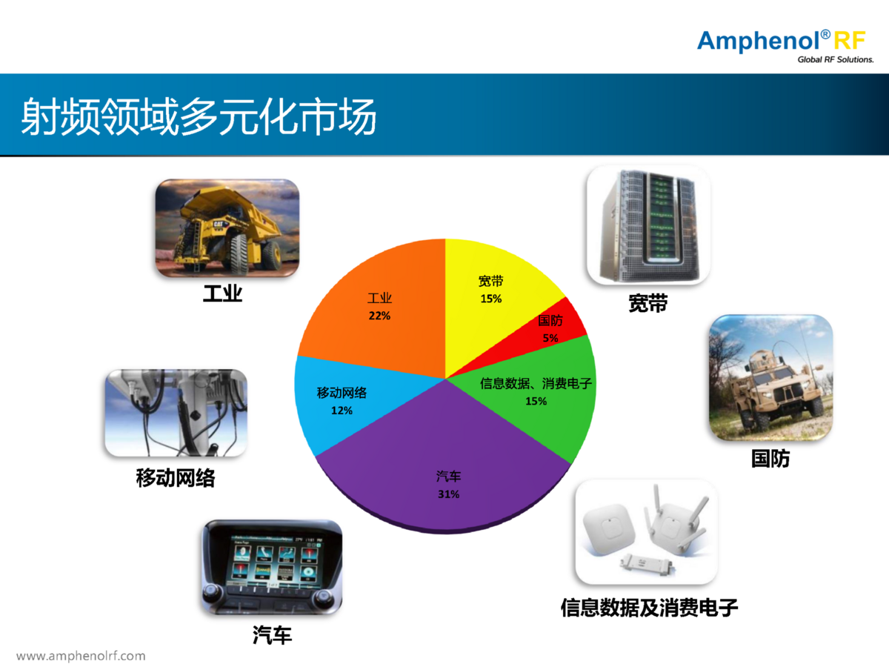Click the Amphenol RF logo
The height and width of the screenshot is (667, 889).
[785, 46]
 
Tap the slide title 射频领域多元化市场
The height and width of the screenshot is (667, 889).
[199, 117]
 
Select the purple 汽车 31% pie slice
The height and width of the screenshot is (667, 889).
[445, 465]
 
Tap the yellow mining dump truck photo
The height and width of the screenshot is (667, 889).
[227, 228]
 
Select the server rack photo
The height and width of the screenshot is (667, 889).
[648, 225]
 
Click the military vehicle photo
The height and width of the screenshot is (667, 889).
[770, 377]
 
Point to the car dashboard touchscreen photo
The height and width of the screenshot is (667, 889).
[272, 567]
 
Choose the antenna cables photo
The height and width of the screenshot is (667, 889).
[176, 413]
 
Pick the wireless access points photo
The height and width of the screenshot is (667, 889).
[647, 531]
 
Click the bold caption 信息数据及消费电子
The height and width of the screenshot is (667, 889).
[649, 608]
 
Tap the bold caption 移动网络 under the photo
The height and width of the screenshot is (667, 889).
[176, 478]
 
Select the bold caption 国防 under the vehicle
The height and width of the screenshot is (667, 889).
[770, 459]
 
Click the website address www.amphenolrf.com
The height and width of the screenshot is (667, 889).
[81, 656]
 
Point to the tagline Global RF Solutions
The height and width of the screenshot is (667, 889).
[836, 59]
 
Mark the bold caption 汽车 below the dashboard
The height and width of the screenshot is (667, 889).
[272, 634]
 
